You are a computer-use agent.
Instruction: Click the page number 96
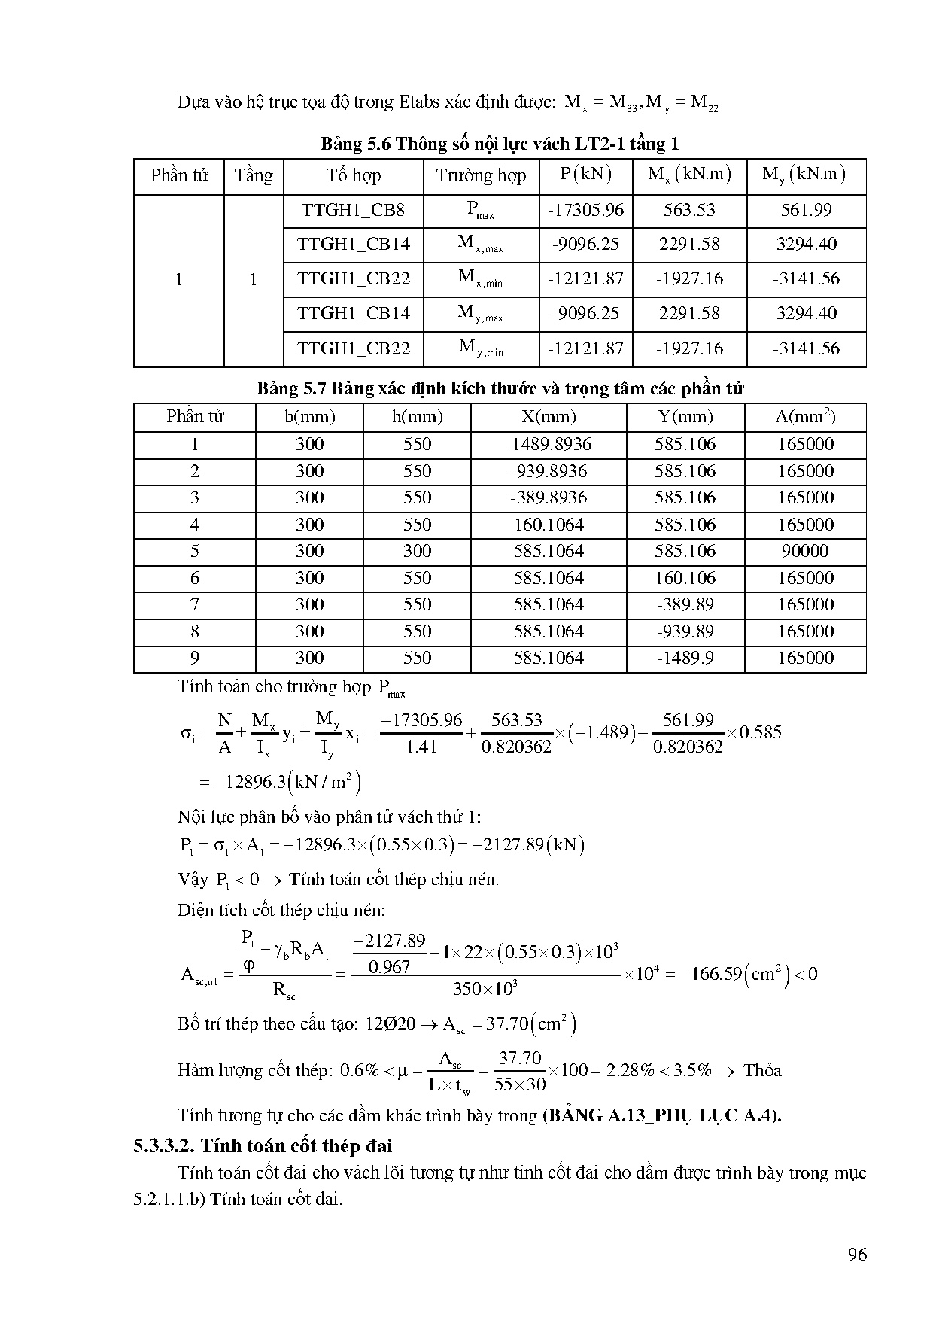[x=856, y=1254]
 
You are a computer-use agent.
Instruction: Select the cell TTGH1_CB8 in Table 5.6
[x=353, y=211]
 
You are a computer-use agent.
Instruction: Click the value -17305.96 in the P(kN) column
[x=585, y=211]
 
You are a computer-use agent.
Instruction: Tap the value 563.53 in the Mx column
[x=688, y=211]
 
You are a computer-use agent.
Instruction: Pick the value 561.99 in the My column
[x=806, y=211]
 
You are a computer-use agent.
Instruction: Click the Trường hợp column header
[x=480, y=176]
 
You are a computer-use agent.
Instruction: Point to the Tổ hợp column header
[x=353, y=176]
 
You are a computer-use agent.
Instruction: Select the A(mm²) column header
[x=805, y=417]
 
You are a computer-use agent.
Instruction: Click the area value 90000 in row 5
[x=804, y=551]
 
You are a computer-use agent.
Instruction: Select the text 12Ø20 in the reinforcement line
[x=390, y=1024]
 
